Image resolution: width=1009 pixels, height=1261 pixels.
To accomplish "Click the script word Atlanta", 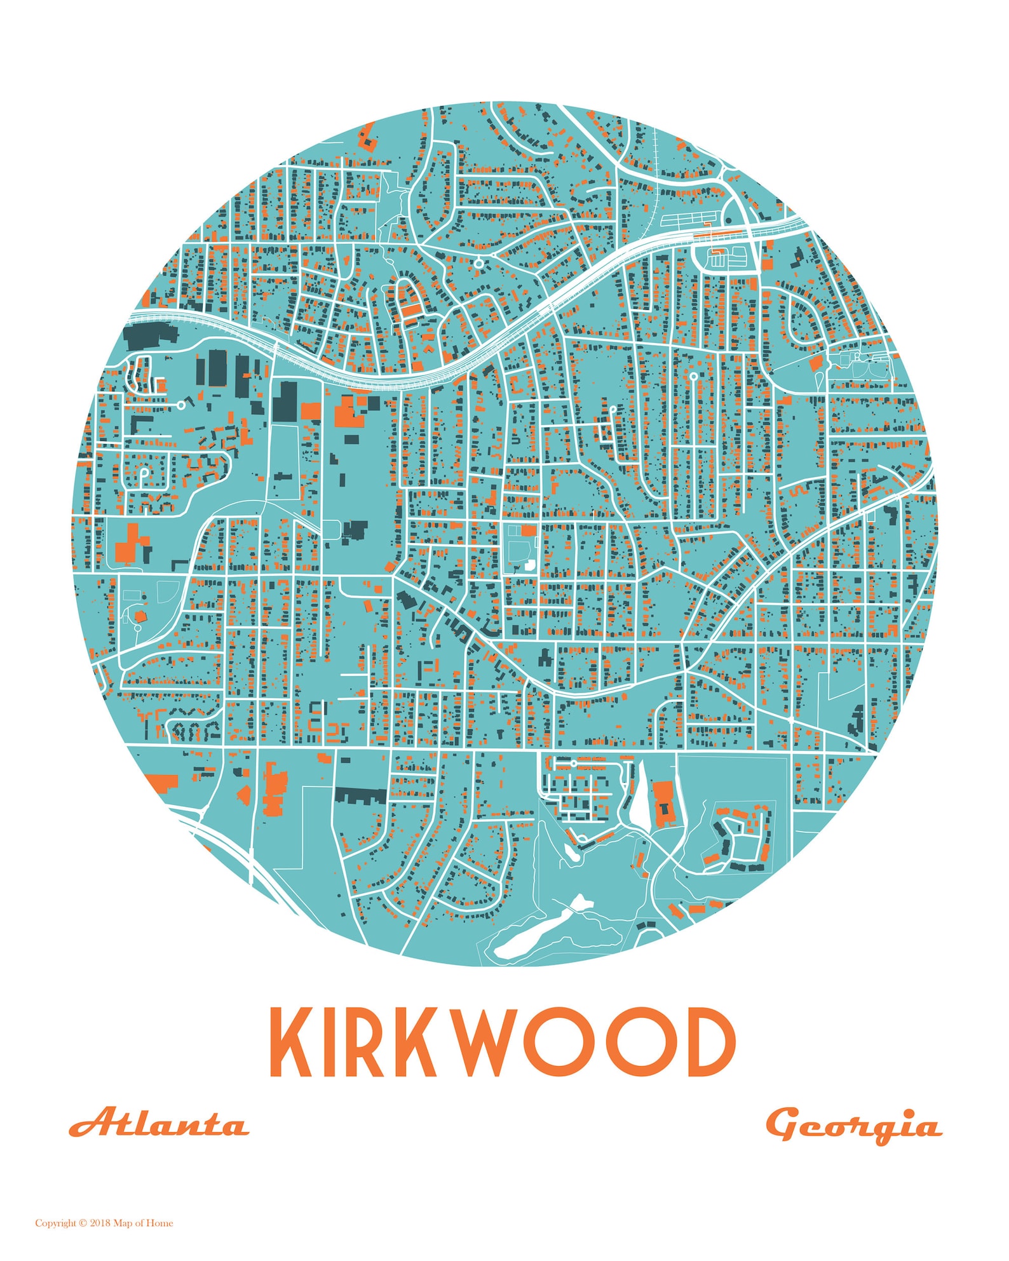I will pos(158,1124).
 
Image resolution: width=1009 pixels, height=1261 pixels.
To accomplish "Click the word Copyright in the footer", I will pos(55,1223).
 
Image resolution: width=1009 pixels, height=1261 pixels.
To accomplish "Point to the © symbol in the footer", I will pos(83,1223).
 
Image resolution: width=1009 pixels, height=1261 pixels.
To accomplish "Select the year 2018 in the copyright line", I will pos(100,1223).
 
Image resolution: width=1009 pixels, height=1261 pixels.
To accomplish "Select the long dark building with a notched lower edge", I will pos(360,796).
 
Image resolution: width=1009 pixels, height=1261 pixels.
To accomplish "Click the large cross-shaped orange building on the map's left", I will pos(132,544).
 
